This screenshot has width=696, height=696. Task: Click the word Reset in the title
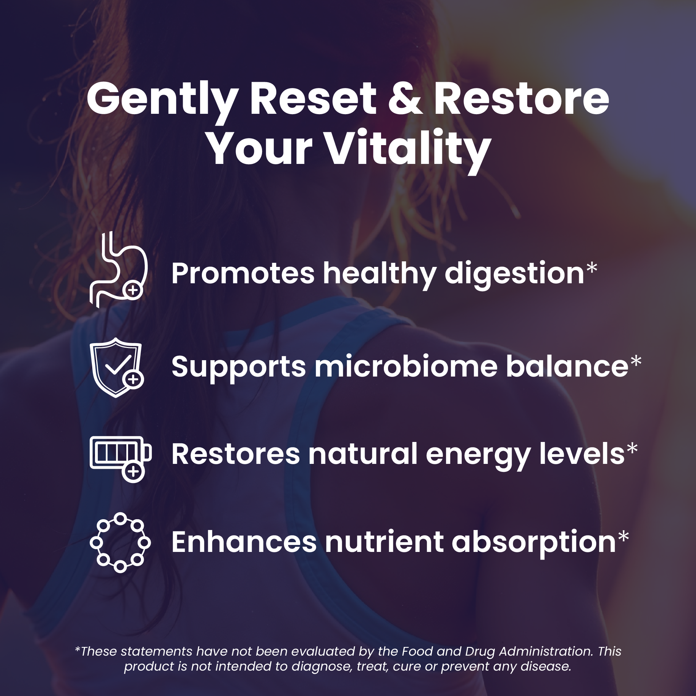pos(313,98)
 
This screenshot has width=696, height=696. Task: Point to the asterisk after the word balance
pos(636,361)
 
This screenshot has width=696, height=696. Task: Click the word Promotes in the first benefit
pos(243,274)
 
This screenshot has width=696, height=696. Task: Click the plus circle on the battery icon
pos(133,471)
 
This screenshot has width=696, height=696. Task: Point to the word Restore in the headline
pos(521,98)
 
